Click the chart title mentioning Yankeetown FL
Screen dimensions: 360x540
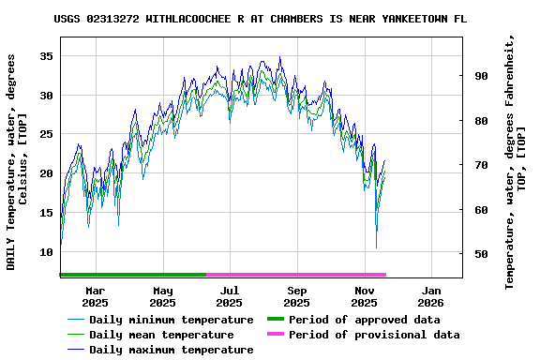(x=260, y=19)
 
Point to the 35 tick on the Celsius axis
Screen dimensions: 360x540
(x=44, y=56)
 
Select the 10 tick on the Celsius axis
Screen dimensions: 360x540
(x=44, y=252)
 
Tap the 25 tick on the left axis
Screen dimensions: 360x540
(x=44, y=134)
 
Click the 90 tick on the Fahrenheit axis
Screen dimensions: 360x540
(x=480, y=76)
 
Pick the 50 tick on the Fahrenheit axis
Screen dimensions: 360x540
(x=480, y=254)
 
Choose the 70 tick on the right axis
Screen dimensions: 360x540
(x=480, y=165)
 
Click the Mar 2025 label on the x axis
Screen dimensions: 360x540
(x=95, y=296)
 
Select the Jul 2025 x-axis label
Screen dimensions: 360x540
(x=229, y=296)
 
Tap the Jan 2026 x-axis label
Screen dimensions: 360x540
(x=430, y=296)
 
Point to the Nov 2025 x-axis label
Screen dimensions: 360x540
(x=364, y=296)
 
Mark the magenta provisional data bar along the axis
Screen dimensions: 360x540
(x=295, y=275)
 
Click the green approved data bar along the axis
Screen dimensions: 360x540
(x=132, y=275)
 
